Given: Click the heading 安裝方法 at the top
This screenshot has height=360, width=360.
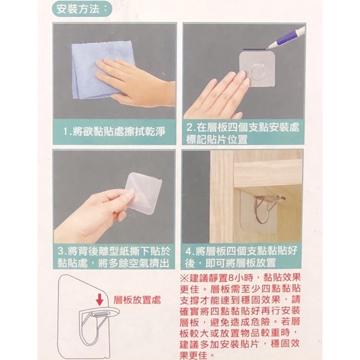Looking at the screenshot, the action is coord(78,10).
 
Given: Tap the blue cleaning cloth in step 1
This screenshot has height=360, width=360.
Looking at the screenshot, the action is coord(101,69).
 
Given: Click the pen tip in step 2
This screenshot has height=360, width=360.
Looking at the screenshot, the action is coord(269,48).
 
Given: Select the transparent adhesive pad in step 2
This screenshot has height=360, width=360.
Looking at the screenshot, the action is coord(258,69).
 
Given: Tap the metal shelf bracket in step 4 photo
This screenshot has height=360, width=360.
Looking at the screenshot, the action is coord(268,206).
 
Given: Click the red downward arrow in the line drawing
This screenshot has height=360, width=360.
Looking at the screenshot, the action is coord(100,299).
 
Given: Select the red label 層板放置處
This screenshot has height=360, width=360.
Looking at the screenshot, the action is coord(137,300).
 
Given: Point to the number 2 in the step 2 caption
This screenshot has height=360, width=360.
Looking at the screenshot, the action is coord(189,127).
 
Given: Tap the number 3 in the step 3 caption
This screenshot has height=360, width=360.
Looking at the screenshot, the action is coord(61,251).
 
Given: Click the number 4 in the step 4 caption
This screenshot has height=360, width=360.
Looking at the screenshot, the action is coord(188,251).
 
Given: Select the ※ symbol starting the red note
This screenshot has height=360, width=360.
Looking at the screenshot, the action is coord(184,278).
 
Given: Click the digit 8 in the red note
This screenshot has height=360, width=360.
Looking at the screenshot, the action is coord(231,278).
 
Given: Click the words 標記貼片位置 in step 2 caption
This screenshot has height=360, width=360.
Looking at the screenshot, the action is coord(217,139).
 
